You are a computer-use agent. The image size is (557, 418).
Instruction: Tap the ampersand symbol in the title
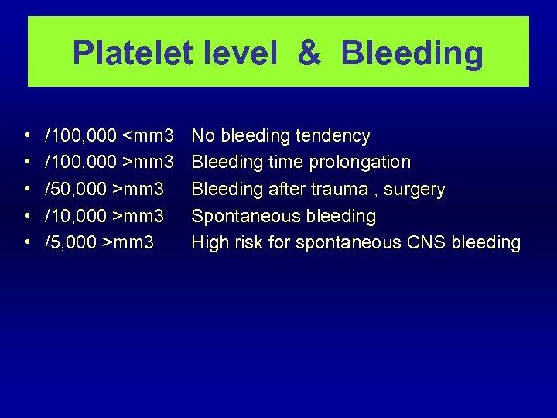[308, 53]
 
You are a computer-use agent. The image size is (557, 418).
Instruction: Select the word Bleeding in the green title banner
[412, 53]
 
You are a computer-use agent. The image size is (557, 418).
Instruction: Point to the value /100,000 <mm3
[109, 136]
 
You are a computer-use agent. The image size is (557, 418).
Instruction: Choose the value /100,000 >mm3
[109, 163]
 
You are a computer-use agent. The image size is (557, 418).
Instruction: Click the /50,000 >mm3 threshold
[104, 190]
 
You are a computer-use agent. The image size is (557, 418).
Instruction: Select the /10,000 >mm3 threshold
[104, 216]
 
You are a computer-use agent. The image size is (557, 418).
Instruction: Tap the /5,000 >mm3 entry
[100, 242]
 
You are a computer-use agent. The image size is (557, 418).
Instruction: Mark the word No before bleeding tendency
[203, 136]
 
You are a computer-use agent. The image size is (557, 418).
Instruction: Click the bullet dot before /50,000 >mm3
[28, 190]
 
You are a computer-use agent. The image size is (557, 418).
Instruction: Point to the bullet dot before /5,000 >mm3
[28, 242]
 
